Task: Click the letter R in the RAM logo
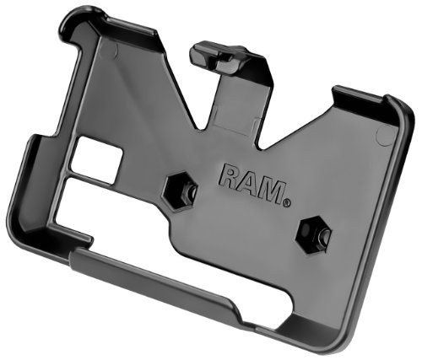click(230, 176)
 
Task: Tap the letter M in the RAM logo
click(269, 191)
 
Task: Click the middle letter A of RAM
click(248, 184)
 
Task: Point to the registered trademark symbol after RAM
click(286, 202)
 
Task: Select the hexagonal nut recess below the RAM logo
click(313, 235)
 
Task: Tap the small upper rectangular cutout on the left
click(96, 159)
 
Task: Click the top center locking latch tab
click(217, 56)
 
